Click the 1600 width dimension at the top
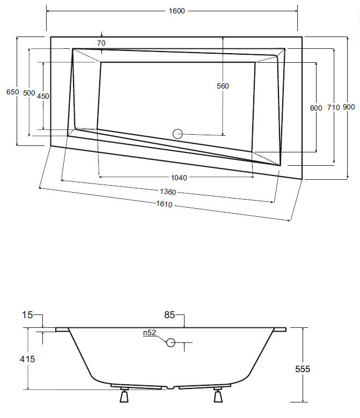pyautogui.click(x=177, y=11)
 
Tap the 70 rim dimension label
pyautogui.click(x=101, y=43)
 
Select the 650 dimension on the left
pyautogui.click(x=12, y=92)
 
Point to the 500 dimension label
pyautogui.click(x=29, y=93)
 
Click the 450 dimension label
pyautogui.click(x=43, y=96)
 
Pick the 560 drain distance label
pyautogui.click(x=223, y=86)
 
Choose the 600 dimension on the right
pyautogui.click(x=316, y=108)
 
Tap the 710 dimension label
pyautogui.click(x=333, y=107)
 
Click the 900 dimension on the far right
pyautogui.click(x=349, y=107)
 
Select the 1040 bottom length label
pyautogui.click(x=179, y=178)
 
